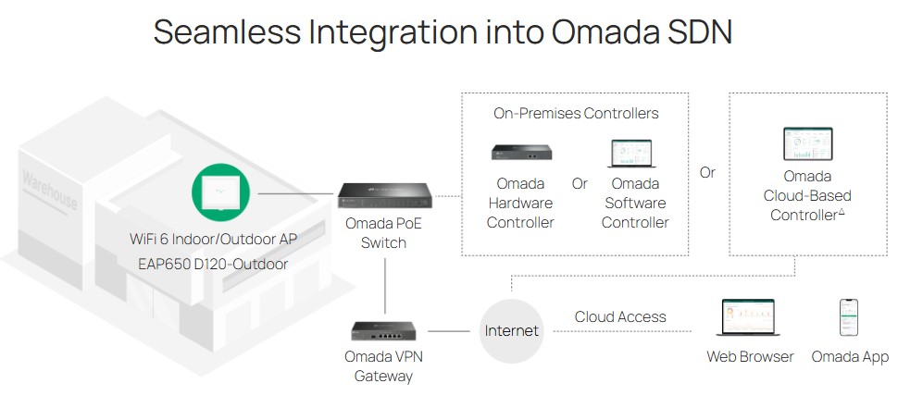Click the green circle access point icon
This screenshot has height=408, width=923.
pos(220,192)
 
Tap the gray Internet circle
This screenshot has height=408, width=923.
pos(511,331)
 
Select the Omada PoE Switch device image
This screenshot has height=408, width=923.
pos(384,196)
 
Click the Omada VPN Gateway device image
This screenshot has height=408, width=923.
pos(384,331)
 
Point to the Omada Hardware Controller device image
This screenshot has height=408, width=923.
pos(521,153)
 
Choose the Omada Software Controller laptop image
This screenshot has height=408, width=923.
pos(631,154)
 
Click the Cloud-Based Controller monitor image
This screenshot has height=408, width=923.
pos(807,144)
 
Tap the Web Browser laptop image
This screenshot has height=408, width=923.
pos(748,317)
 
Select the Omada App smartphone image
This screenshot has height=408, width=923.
pos(848,317)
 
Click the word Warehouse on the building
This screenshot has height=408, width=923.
pos(49,191)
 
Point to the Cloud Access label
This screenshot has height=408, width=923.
pos(620,317)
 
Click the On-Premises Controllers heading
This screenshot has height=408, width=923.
pos(576,113)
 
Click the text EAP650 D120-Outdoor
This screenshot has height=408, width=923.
pos(213,264)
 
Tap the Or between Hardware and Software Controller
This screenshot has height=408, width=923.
pos(580,184)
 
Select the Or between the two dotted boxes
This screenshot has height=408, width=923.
pos(707,173)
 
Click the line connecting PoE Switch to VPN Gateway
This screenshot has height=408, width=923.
pos(385,286)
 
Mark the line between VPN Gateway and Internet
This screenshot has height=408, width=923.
pos(449,331)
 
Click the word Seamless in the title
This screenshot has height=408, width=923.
pos(227,31)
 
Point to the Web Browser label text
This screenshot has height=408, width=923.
pos(750,356)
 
